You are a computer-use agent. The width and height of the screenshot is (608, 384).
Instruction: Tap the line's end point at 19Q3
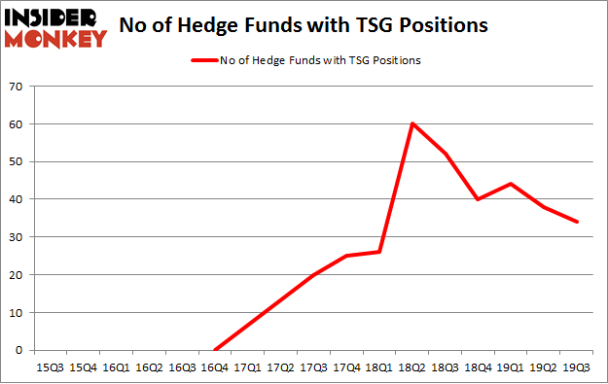click(x=578, y=222)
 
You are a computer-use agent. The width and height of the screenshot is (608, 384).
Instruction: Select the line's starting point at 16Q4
click(x=215, y=350)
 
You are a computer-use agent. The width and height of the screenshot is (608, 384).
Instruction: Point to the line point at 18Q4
click(x=479, y=199)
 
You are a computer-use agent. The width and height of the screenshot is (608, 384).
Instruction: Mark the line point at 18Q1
click(x=380, y=252)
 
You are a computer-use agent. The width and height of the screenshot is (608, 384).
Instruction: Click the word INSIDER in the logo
click(x=54, y=17)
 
